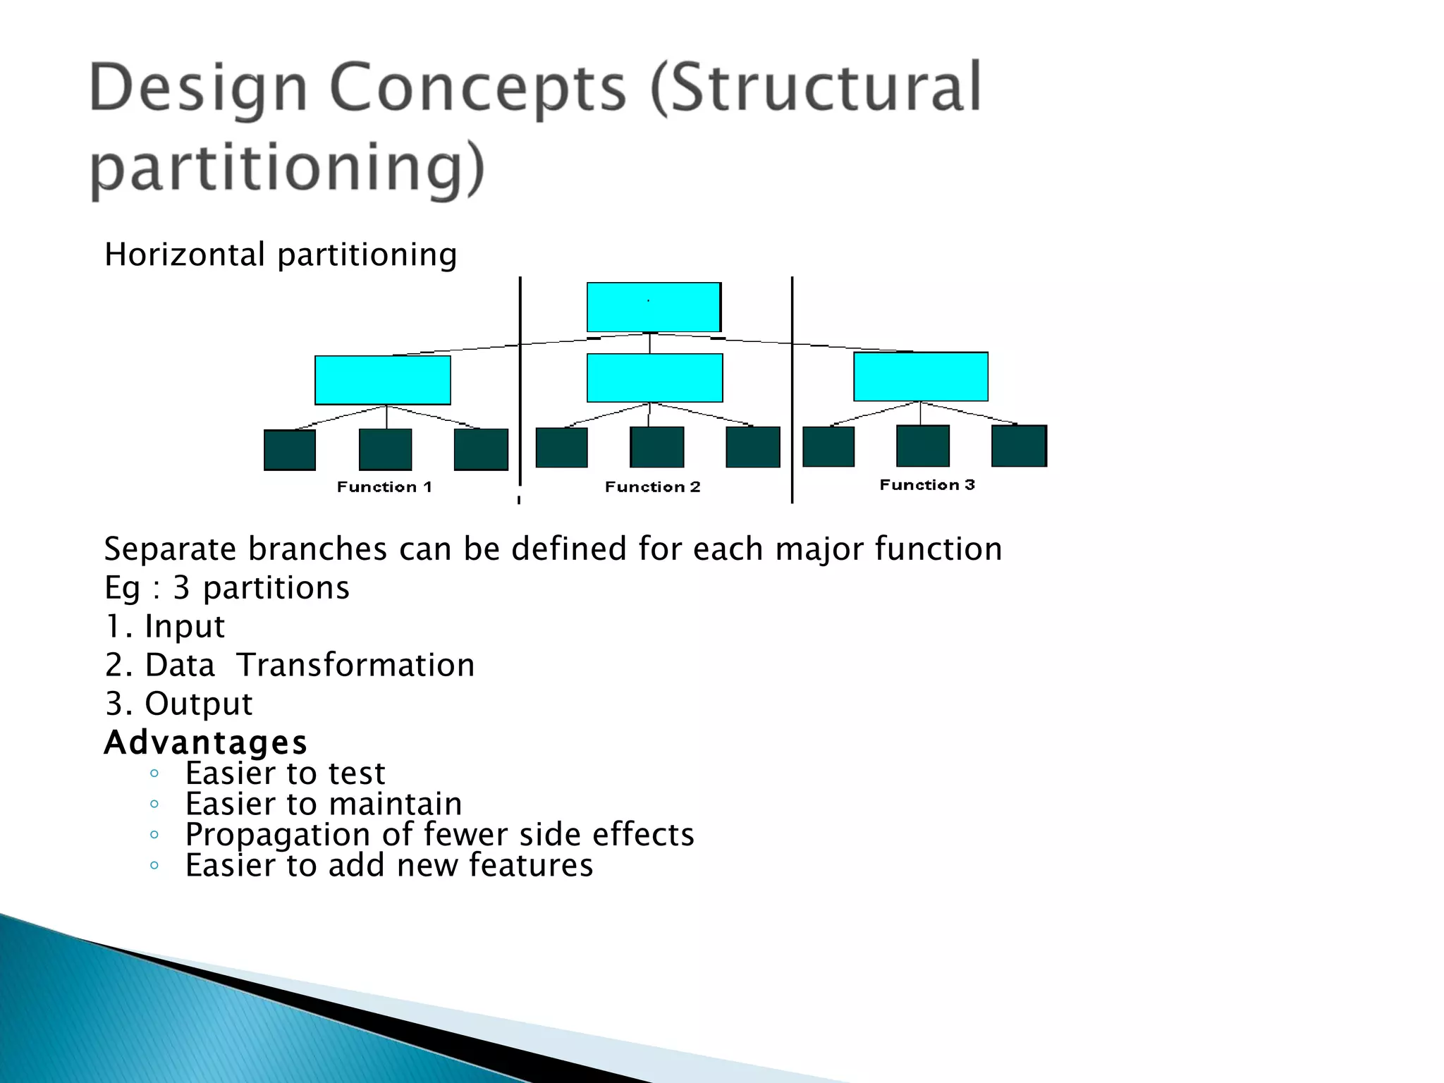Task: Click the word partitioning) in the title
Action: tap(288, 168)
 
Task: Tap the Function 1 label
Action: tap(384, 487)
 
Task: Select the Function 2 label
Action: tap(652, 487)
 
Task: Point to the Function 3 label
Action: tap(926, 484)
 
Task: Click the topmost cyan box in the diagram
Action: tap(654, 307)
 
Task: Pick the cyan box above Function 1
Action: tap(383, 380)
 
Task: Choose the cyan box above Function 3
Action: tap(920, 377)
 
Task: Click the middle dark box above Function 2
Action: tap(656, 447)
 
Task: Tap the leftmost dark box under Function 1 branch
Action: tap(290, 450)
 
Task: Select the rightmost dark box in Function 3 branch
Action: tap(1019, 446)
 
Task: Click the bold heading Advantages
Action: tap(205, 742)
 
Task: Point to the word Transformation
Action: tap(355, 665)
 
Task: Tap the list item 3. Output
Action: tap(178, 704)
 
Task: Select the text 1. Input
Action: tap(165, 626)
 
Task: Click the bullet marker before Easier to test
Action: tap(154, 774)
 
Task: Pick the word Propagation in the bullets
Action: tap(277, 835)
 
